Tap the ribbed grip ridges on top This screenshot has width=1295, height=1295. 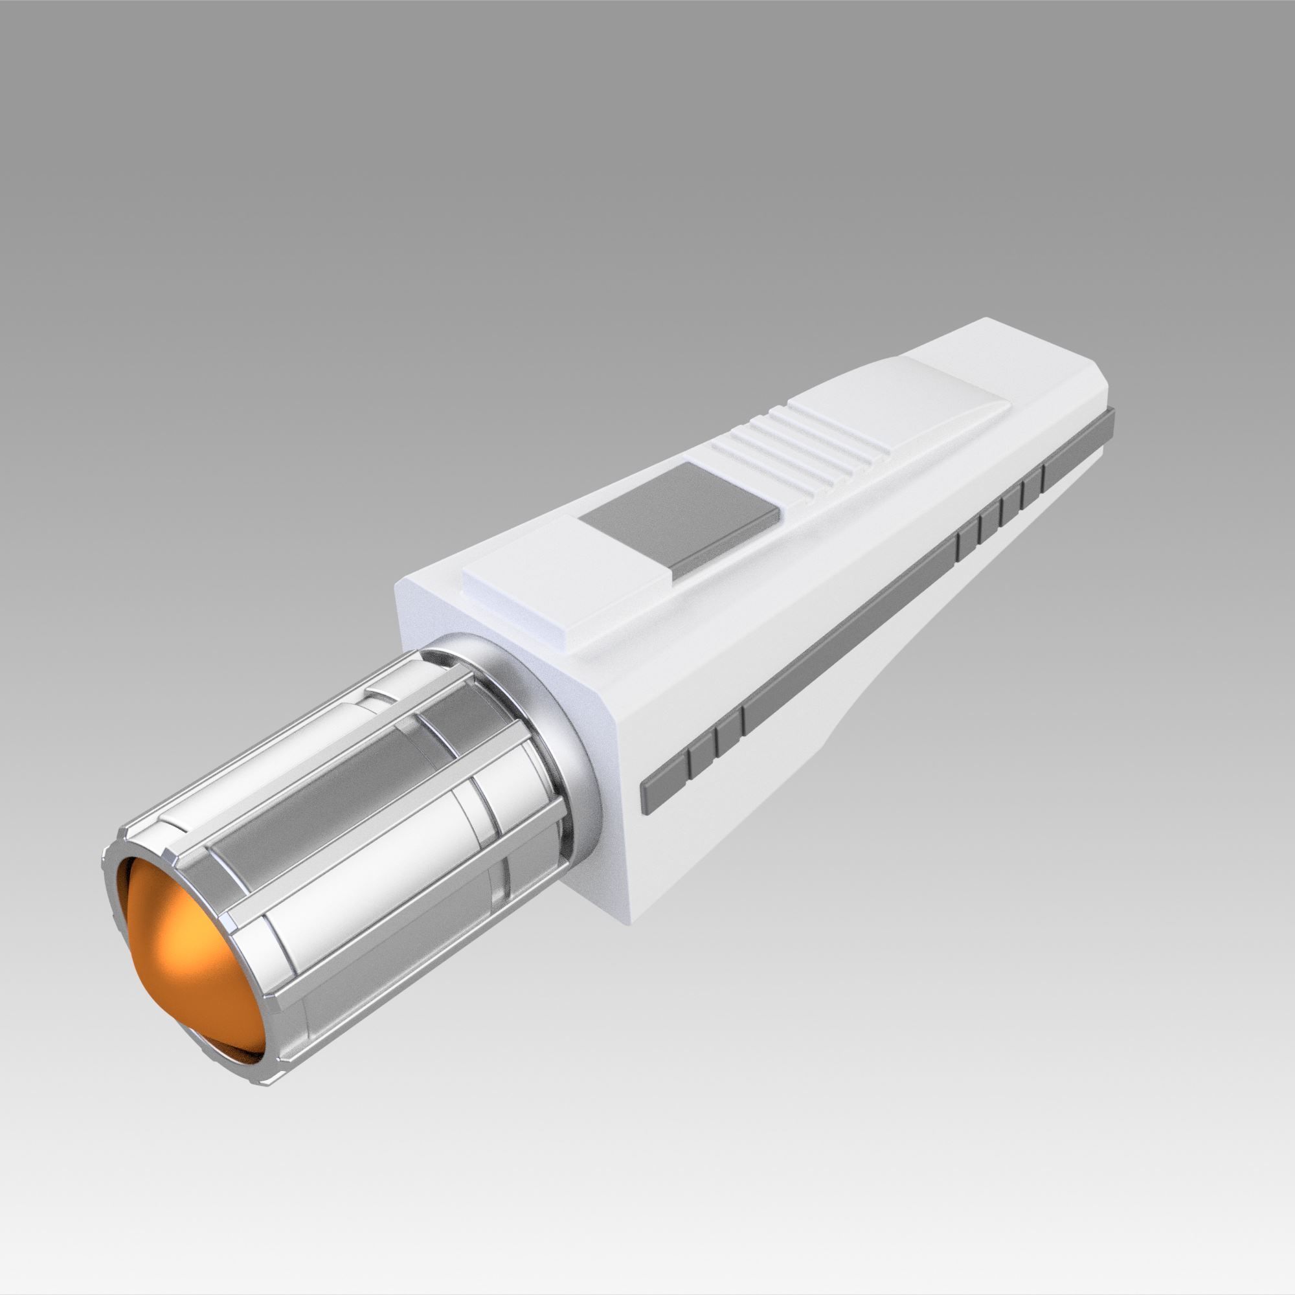tap(798, 442)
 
